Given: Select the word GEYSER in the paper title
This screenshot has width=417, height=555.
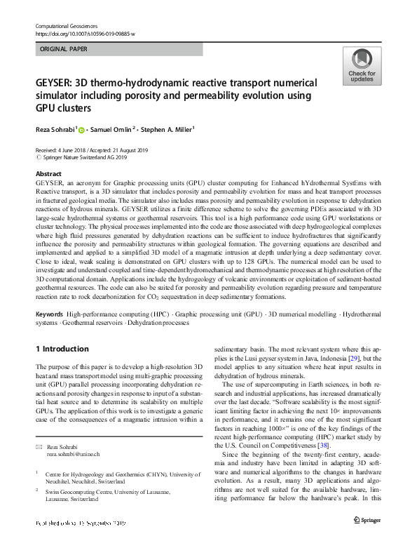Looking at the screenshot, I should coord(56,83).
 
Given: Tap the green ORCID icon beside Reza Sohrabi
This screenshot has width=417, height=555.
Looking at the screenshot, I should coord(81,130).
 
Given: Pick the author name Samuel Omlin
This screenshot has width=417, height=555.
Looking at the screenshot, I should coord(116,130).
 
